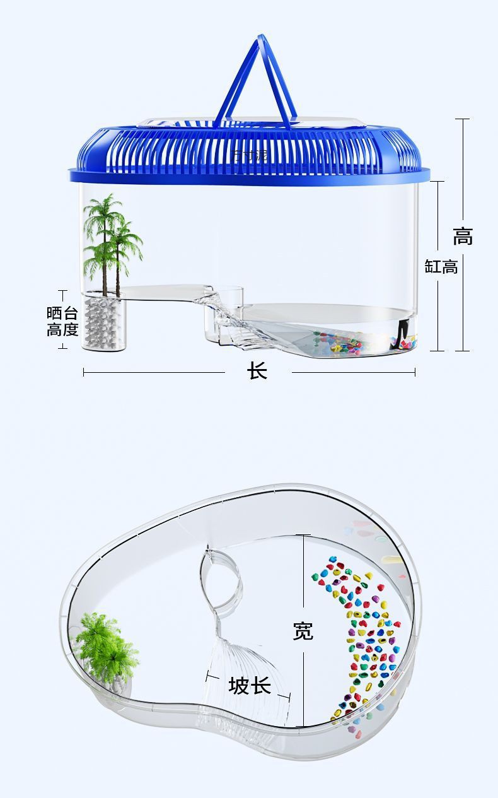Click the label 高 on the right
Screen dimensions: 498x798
pos(463,237)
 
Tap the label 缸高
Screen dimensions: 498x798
pos(441,266)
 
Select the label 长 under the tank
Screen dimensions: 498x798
pos(257,371)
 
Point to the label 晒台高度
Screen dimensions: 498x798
pos(62,321)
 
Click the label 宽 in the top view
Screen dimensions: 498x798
pos(303,630)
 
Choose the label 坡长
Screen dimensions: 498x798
pos(250,685)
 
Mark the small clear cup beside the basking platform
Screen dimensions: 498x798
pos(232,295)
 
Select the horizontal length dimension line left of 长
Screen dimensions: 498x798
pos(154,372)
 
